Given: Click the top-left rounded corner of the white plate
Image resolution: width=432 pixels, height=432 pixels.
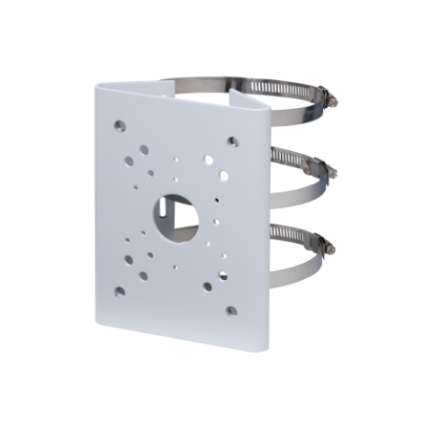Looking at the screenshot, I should point(97,85).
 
